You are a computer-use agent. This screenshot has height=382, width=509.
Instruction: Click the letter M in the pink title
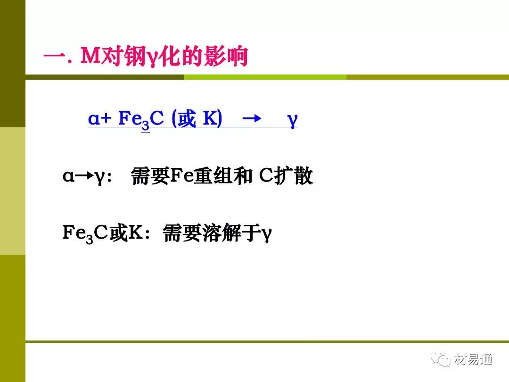click(x=90, y=56)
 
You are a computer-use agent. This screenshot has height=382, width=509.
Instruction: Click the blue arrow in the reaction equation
click(x=252, y=118)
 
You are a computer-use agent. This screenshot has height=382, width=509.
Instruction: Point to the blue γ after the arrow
click(x=292, y=121)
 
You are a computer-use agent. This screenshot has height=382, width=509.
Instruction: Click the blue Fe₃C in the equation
click(x=141, y=119)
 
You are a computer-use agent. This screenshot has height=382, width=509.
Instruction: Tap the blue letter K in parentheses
click(x=209, y=118)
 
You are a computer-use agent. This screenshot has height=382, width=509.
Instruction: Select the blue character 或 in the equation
click(x=187, y=118)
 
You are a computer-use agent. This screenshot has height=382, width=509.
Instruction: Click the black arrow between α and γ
click(x=85, y=176)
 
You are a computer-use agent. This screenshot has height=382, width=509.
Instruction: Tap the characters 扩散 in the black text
click(x=294, y=176)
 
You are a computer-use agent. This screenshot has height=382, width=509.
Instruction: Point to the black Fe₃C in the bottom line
click(x=85, y=234)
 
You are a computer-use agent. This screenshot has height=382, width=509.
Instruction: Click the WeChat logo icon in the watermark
click(x=441, y=359)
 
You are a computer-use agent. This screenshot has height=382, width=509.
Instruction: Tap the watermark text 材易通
click(x=473, y=359)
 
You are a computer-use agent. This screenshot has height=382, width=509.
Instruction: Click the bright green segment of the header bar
click(x=265, y=77)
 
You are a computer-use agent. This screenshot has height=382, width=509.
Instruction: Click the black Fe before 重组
click(x=181, y=176)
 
